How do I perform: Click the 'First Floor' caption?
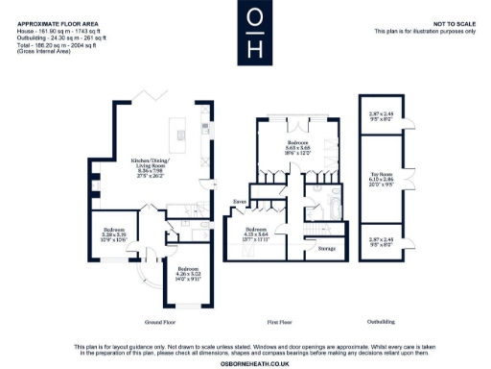pos(278,321)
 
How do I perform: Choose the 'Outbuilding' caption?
pos(381,321)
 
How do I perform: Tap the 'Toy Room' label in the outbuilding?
pos(381,177)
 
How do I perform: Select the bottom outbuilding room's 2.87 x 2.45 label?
pos(381,240)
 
